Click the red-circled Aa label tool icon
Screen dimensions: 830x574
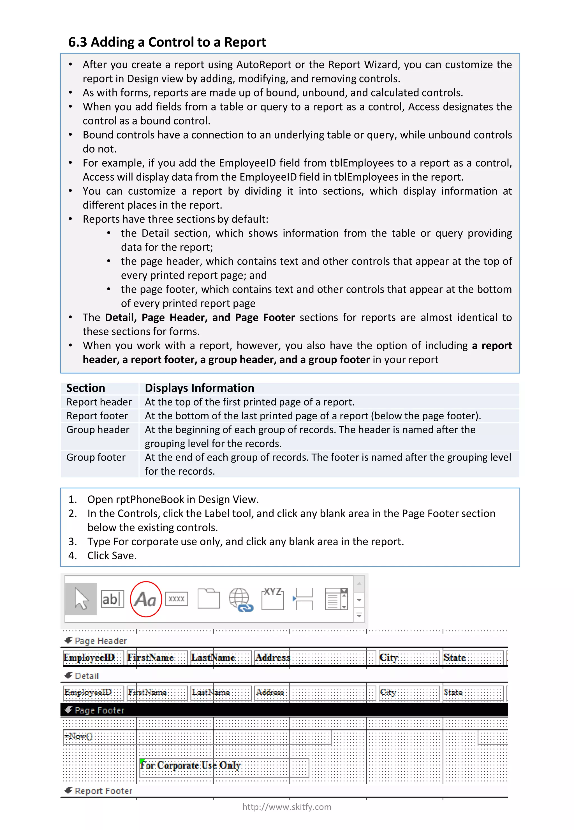146,599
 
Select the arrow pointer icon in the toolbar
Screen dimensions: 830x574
81,599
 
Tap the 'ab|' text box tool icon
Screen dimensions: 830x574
112,599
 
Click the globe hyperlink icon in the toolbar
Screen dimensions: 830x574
240,599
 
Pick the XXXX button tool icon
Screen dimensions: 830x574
176,599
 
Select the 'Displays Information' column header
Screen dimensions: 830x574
199,388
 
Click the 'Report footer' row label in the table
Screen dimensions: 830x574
97,416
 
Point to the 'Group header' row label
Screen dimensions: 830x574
98,430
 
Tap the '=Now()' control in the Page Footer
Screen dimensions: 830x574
79,736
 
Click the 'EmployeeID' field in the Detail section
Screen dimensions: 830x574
88,693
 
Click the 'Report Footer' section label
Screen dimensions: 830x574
103,791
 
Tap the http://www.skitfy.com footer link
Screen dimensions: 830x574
287,807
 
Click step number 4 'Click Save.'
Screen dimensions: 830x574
112,556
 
